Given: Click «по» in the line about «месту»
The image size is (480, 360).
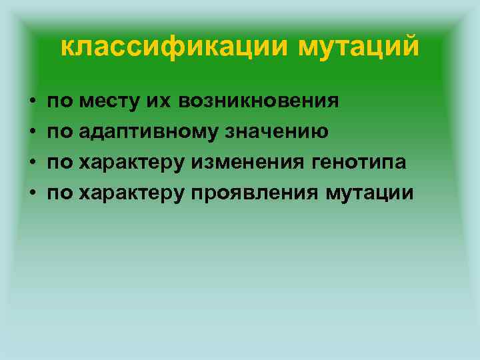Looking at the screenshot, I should pyautogui.click(x=60, y=101).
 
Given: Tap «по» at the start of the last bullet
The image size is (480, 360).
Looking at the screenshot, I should pyautogui.click(x=60, y=193).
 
